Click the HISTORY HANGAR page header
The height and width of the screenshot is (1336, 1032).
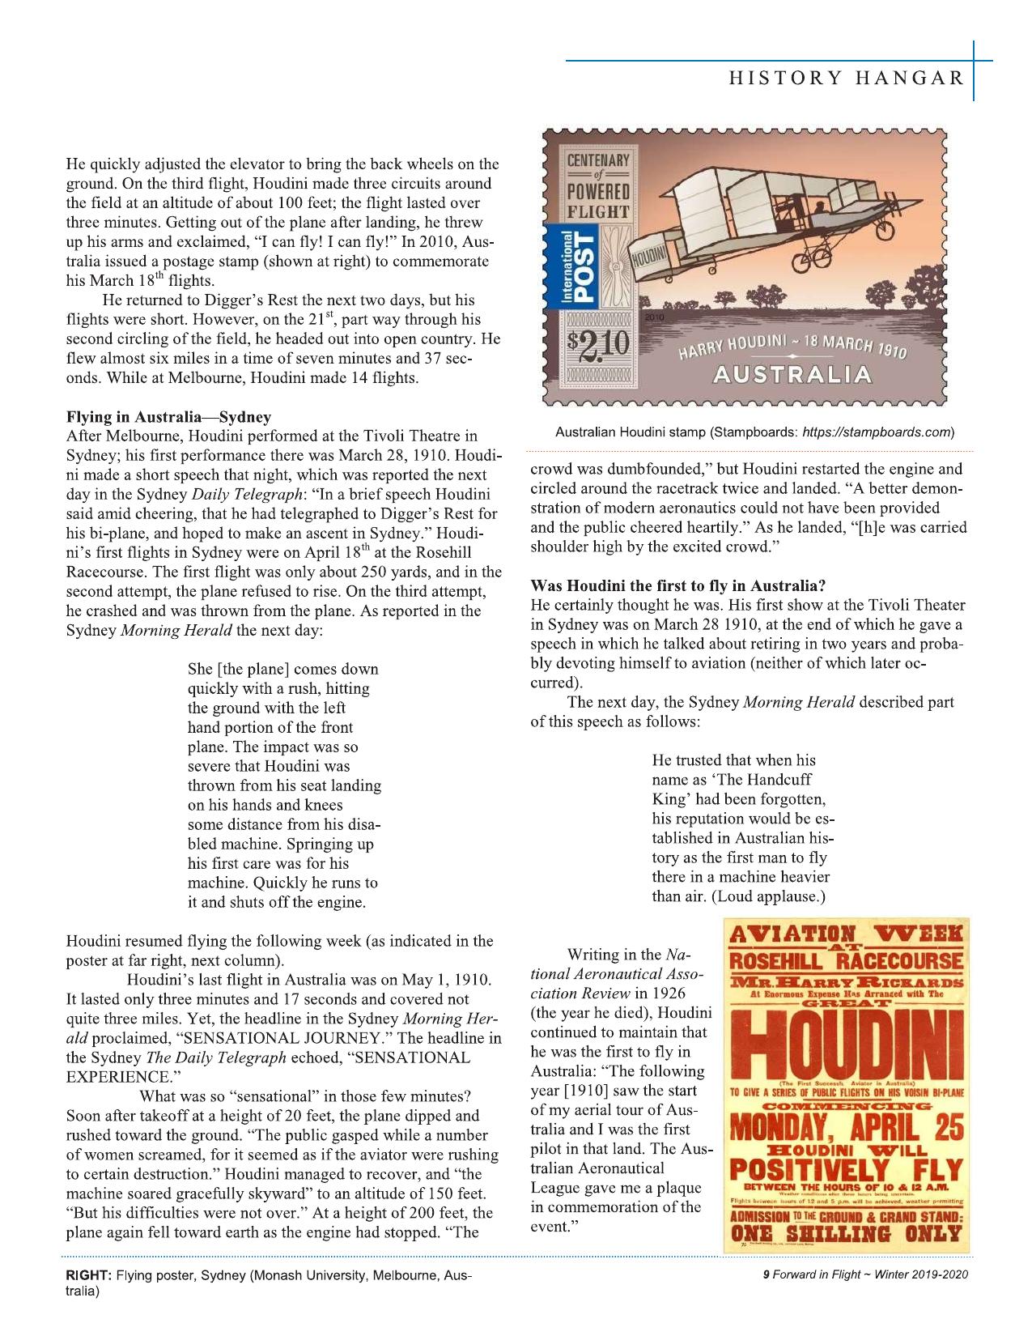(847, 78)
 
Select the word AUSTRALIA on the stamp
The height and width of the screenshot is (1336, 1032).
(792, 376)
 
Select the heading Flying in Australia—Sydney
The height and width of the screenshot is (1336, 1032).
(168, 418)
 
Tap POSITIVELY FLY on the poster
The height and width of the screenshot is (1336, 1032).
(846, 1171)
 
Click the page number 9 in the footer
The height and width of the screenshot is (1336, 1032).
(765, 1274)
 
